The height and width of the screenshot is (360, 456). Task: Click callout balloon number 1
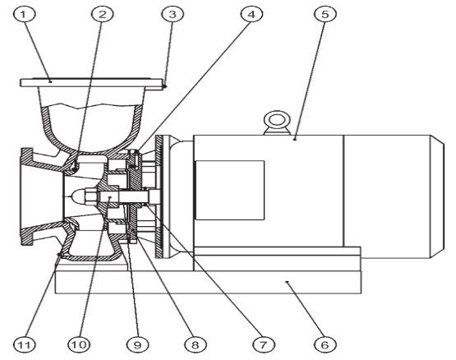[x=24, y=14]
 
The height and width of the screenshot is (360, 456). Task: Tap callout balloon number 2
[x=103, y=14]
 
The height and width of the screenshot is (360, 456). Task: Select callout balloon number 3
[x=173, y=14]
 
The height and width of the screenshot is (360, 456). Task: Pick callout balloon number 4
[x=252, y=14]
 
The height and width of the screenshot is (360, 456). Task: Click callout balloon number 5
[x=325, y=14]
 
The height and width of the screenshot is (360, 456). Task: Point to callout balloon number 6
[x=325, y=345]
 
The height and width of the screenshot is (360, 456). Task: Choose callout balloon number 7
[x=263, y=345]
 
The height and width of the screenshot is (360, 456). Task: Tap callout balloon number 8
[x=196, y=345]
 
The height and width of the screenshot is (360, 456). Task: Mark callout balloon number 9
[x=137, y=345]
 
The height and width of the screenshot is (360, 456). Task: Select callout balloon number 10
[x=79, y=345]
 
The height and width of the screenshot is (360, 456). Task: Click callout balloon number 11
[x=25, y=345]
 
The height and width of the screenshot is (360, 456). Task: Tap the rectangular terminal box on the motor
[x=230, y=190]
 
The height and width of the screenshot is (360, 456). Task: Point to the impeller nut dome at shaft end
[x=78, y=197]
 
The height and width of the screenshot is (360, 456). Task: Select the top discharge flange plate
[x=91, y=83]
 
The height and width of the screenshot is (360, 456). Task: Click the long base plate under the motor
[x=208, y=282]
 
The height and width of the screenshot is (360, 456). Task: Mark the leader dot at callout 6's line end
[x=287, y=282]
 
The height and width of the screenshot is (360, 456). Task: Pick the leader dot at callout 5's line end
[x=295, y=139]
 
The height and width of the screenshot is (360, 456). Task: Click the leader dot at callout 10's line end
[x=109, y=197]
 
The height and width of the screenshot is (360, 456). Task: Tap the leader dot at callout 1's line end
[x=50, y=81]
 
